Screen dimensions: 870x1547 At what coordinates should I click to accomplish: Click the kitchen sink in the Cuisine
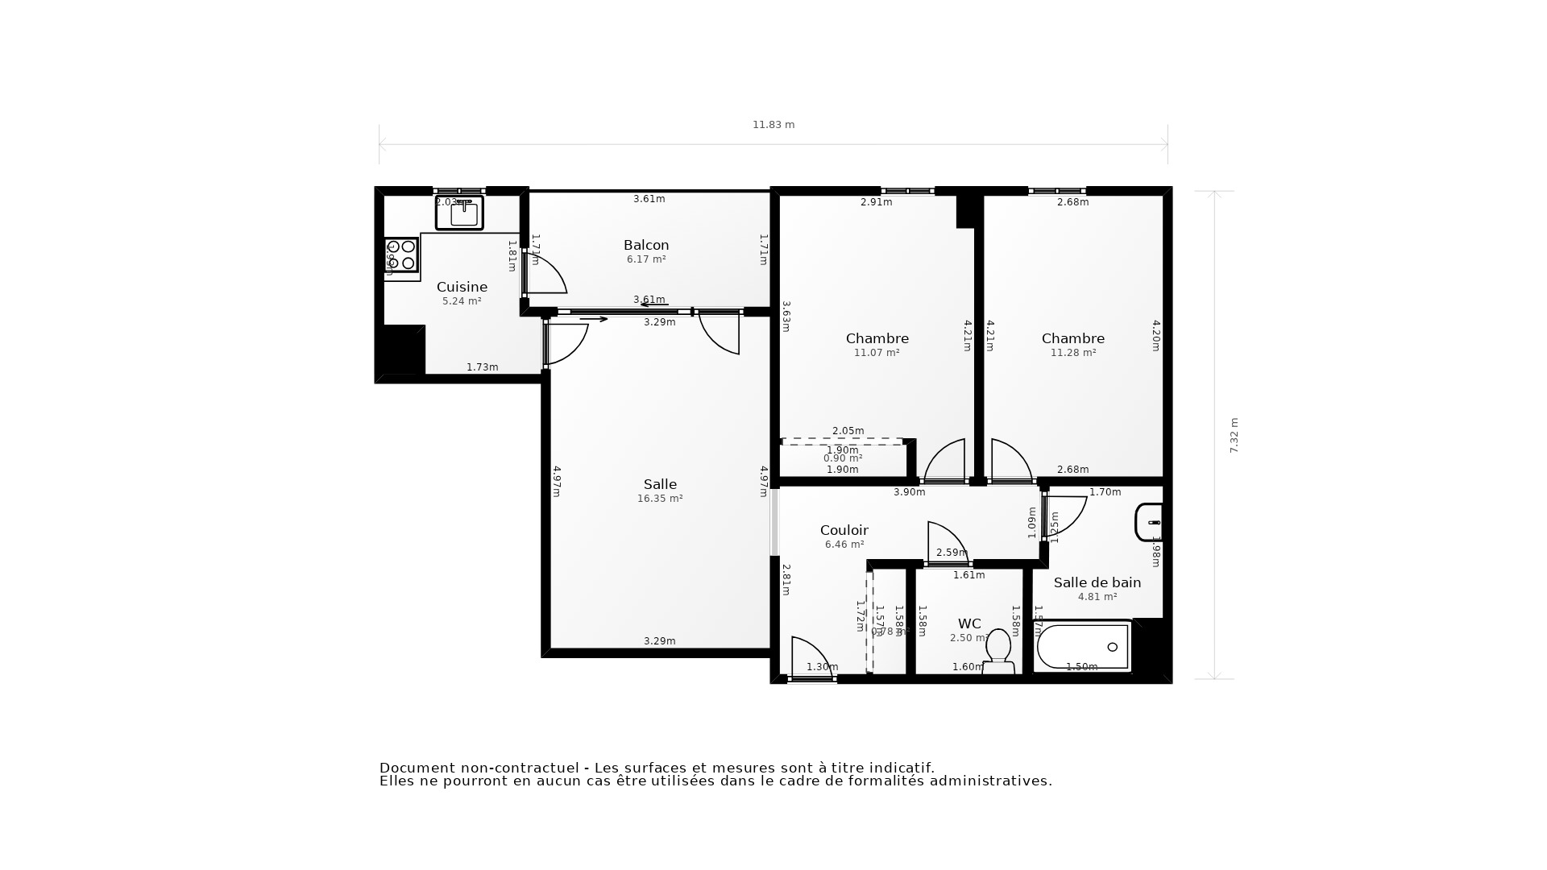(459, 213)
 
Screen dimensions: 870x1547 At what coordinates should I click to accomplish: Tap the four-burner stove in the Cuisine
(400, 255)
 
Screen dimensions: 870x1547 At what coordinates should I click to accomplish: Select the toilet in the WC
(998, 650)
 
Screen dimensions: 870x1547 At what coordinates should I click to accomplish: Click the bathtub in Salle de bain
(1083, 647)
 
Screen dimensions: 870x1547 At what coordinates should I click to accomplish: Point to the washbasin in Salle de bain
(1149, 522)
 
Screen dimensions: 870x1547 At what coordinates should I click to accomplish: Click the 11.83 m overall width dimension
(773, 125)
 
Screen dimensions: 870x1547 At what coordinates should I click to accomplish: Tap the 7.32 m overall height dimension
(1234, 435)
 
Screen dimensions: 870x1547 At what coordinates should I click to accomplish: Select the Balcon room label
(646, 245)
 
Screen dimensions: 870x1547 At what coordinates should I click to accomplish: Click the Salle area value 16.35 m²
(660, 499)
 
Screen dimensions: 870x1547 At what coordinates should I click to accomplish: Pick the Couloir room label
(844, 530)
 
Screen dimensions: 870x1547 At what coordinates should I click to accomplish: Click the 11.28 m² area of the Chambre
(1072, 353)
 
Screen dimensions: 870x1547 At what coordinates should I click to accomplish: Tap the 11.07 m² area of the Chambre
(877, 353)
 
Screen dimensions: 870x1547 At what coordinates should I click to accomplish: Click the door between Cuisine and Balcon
(545, 275)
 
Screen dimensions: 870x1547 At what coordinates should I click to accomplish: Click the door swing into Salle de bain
(1064, 515)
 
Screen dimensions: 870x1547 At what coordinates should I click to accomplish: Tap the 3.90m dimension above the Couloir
(909, 492)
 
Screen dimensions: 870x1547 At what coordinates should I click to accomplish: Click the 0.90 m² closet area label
(843, 458)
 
